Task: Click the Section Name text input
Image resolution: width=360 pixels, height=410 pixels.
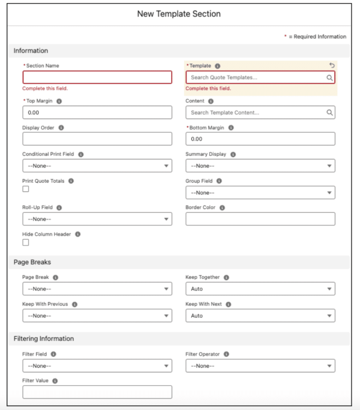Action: click(97, 77)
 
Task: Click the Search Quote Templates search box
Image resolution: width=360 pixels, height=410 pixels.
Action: click(256, 77)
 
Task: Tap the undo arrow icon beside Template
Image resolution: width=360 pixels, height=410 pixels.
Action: click(332, 65)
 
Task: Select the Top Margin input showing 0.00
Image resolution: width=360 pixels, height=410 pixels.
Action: click(97, 113)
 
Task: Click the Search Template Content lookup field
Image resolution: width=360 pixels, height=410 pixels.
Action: click(256, 113)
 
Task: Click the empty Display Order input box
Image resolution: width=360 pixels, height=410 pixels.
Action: click(97, 139)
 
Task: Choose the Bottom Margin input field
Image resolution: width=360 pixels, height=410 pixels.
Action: click(260, 139)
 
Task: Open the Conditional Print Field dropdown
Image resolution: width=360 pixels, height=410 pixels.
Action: click(97, 166)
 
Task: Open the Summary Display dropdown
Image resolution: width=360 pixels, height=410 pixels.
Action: click(260, 166)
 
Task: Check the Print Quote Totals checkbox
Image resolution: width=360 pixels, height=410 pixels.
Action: click(26, 189)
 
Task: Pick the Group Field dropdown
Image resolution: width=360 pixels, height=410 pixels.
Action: click(260, 193)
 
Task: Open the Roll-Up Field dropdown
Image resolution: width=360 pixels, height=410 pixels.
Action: click(97, 219)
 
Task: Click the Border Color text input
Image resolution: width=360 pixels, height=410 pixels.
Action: click(260, 219)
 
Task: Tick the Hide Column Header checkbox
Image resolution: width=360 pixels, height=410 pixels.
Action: click(26, 242)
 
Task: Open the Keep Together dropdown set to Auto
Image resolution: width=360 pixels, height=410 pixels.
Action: click(260, 289)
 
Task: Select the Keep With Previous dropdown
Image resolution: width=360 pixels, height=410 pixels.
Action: click(97, 316)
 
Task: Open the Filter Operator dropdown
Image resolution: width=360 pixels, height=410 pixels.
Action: click(260, 366)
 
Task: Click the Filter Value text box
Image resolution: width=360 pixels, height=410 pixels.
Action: click(97, 392)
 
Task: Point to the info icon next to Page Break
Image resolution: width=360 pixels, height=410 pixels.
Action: click(56, 277)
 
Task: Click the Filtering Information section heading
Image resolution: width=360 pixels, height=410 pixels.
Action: click(44, 339)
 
